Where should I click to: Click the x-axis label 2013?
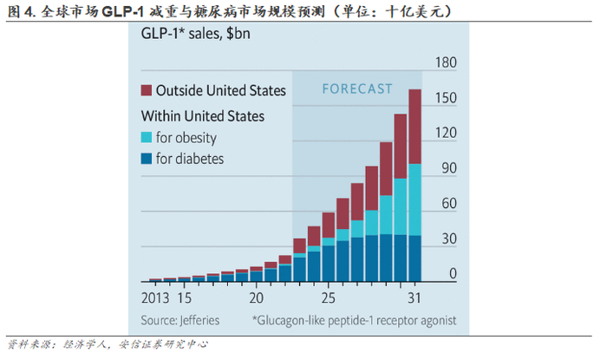(156, 298)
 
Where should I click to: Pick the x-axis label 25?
(328, 298)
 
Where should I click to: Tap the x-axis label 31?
(414, 298)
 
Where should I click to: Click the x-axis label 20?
(256, 298)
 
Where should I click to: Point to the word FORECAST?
(357, 88)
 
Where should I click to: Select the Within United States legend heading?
(203, 115)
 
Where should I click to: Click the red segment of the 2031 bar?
(414, 127)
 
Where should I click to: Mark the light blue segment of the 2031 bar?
(414, 200)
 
